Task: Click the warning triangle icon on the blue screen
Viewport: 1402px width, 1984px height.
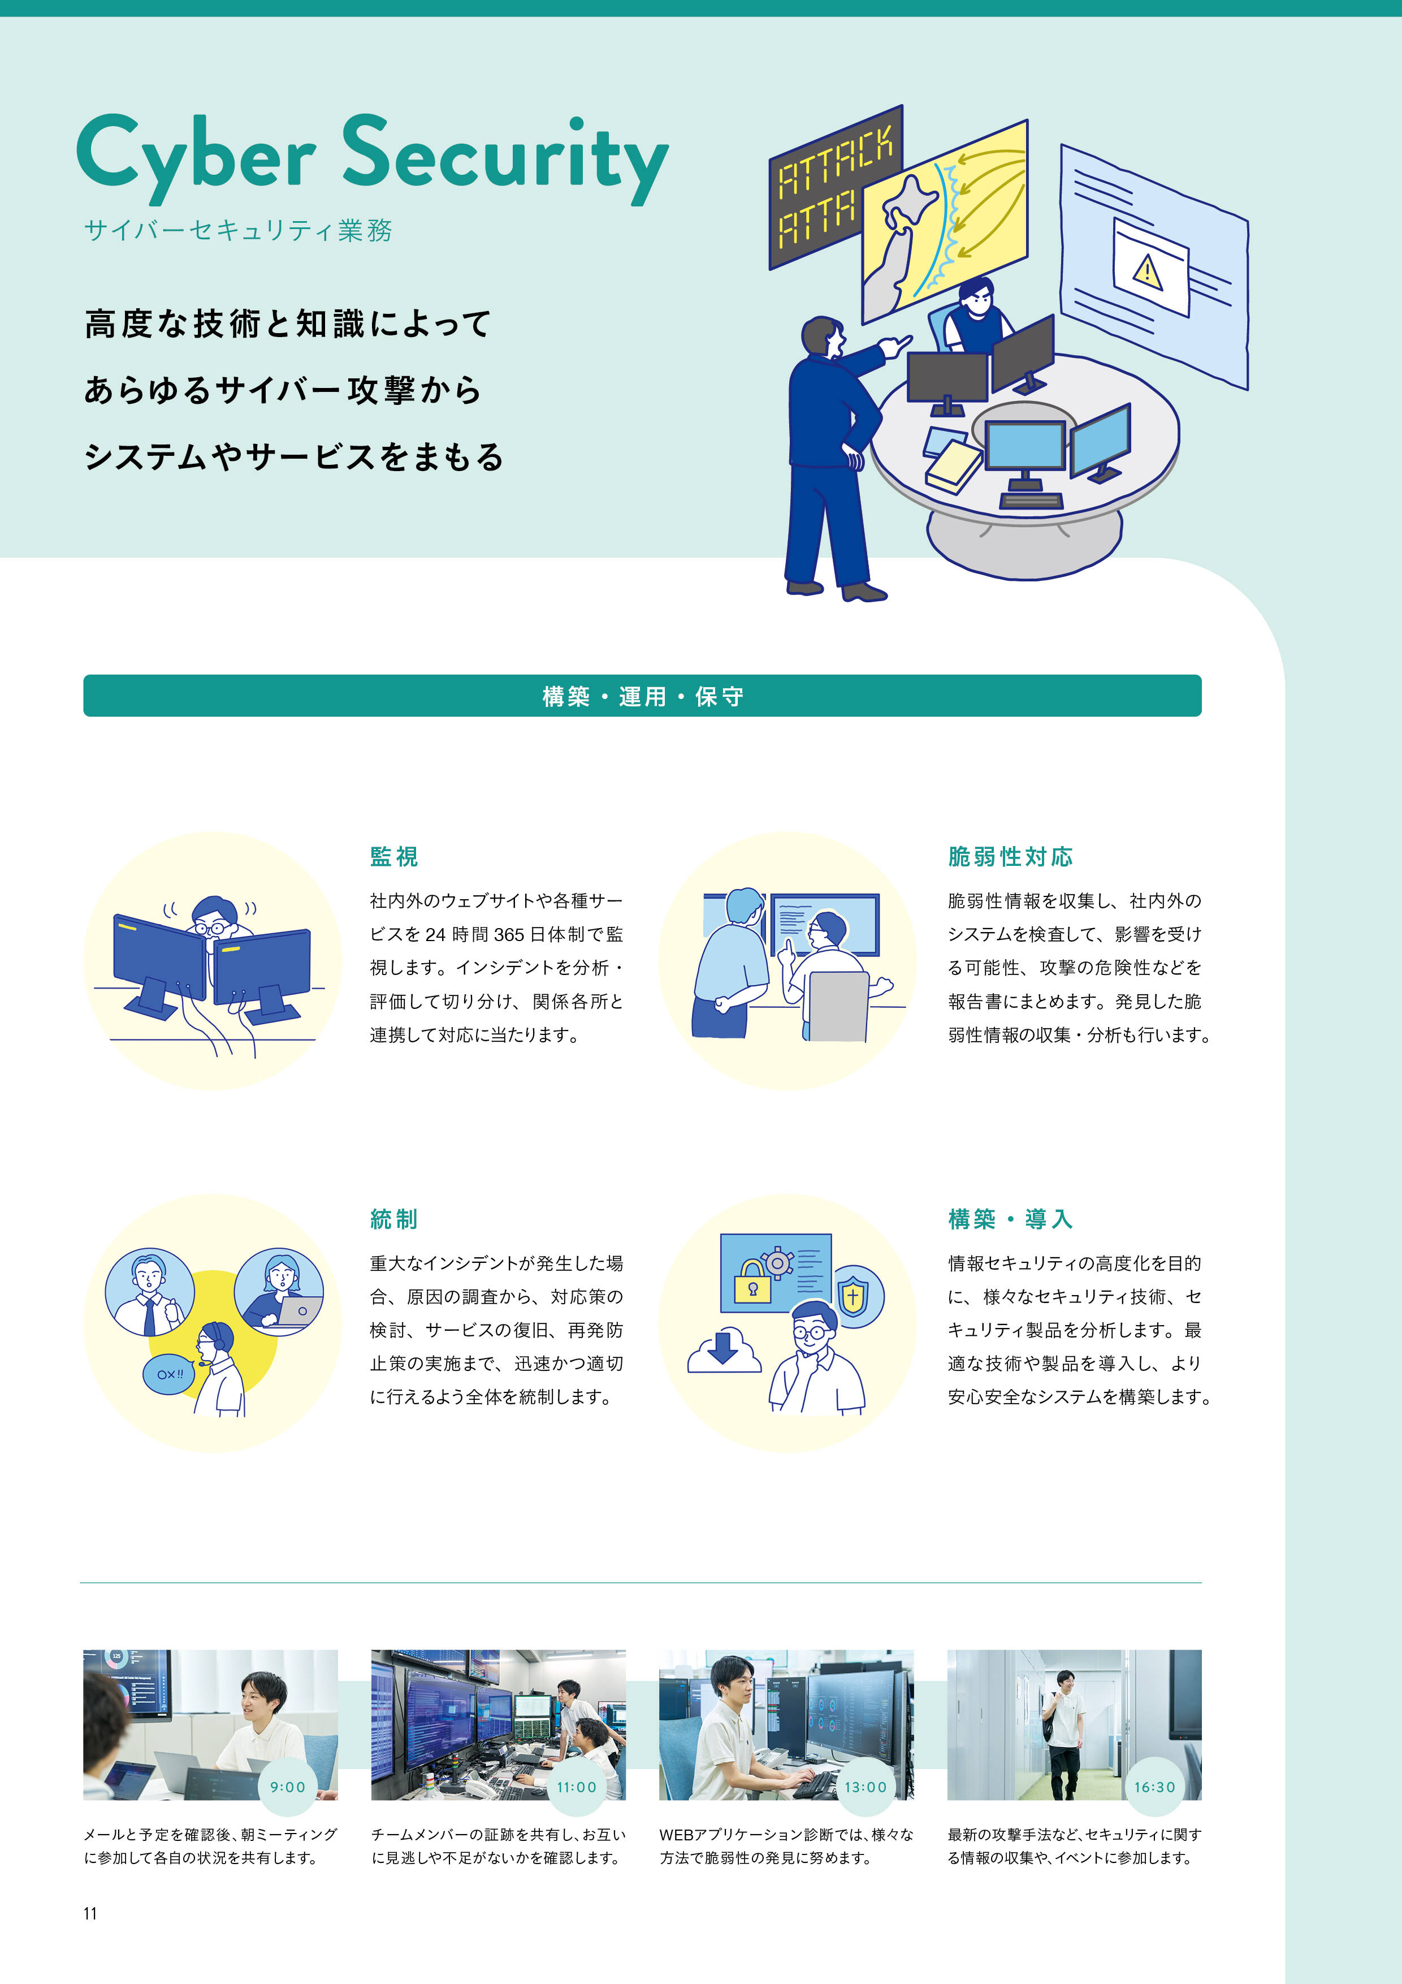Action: [x=1147, y=271]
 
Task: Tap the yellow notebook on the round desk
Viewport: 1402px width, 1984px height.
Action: [x=952, y=467]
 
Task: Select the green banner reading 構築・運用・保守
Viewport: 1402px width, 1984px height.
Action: [x=642, y=696]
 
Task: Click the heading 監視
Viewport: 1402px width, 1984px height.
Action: [x=394, y=856]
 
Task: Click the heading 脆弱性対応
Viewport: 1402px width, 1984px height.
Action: [x=1010, y=856]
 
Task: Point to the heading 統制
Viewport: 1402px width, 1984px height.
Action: [x=394, y=1219]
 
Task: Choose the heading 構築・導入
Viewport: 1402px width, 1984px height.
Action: [x=1010, y=1219]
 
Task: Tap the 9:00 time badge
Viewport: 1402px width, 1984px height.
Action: [x=288, y=1787]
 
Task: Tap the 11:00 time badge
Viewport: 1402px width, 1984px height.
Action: [x=576, y=1787]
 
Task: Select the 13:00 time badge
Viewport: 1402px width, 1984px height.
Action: [x=865, y=1787]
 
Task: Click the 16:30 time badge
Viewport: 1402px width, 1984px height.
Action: [x=1154, y=1787]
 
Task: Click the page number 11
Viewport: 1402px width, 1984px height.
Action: [x=90, y=1913]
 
